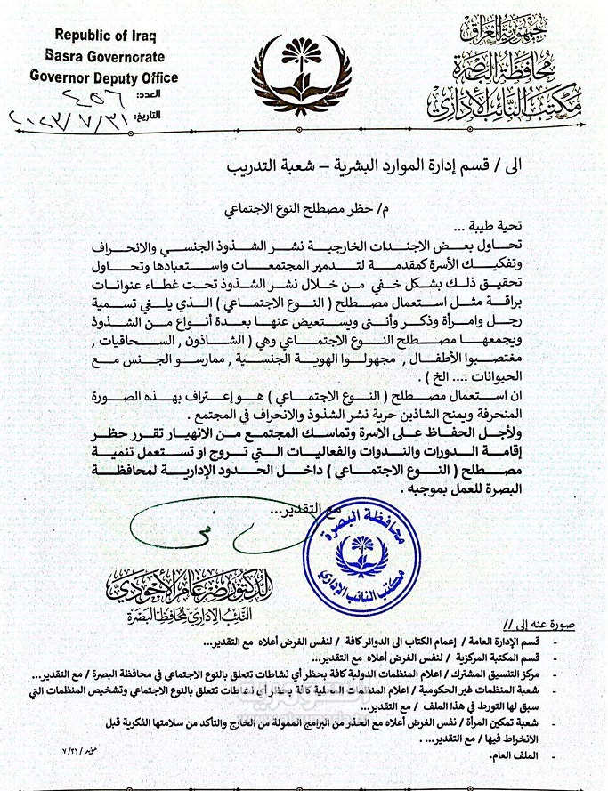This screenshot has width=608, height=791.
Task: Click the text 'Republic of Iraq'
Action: tap(105, 36)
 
